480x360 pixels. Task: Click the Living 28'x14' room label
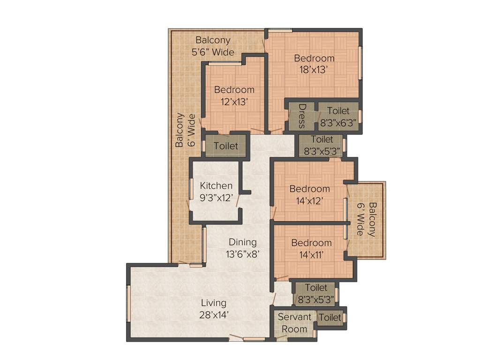214,309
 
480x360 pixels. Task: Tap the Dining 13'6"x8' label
243,248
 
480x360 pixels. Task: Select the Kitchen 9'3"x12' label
216,192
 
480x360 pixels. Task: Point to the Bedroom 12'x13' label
234,95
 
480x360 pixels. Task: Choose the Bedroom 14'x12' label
309,195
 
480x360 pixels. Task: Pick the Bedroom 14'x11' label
311,249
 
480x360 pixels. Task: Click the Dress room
301,116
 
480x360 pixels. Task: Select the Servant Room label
294,323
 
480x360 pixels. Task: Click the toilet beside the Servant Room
330,318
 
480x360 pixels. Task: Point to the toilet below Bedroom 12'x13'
225,146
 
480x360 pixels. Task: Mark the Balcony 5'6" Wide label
213,46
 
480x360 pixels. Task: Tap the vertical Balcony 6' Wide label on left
185,130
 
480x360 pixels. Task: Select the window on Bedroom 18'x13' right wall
360,62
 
